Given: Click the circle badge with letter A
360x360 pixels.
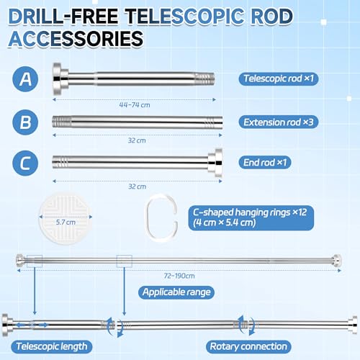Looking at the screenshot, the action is click(x=25, y=79).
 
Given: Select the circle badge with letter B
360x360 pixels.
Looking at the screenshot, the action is click(x=25, y=122).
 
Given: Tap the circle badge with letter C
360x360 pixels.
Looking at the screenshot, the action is click(x=25, y=163).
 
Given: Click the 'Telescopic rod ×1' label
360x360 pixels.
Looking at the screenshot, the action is click(x=279, y=78).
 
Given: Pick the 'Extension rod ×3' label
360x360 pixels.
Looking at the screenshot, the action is click(x=279, y=122).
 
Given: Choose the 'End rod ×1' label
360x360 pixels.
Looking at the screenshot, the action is click(x=265, y=163).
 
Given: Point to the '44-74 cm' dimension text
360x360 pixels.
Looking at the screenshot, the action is click(x=135, y=105).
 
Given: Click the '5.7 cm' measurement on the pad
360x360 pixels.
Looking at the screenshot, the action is click(x=66, y=222).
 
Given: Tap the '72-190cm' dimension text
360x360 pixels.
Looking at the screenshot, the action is click(x=179, y=276).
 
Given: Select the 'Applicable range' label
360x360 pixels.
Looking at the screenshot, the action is click(x=176, y=292).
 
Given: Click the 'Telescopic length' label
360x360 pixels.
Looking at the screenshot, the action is click(x=52, y=346).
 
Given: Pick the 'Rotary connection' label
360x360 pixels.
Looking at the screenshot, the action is click(x=248, y=346).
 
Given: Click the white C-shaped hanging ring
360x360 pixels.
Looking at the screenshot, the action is click(x=147, y=217).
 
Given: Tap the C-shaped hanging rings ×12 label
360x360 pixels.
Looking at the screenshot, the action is click(x=251, y=217).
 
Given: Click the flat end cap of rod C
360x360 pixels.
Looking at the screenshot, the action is click(x=218, y=163).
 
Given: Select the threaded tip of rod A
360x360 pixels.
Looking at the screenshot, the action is click(x=204, y=79).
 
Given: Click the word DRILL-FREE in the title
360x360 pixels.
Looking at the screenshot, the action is click(x=63, y=17).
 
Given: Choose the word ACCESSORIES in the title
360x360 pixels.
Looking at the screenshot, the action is click(x=76, y=39).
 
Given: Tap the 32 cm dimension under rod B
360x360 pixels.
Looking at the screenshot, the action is click(x=137, y=140).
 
